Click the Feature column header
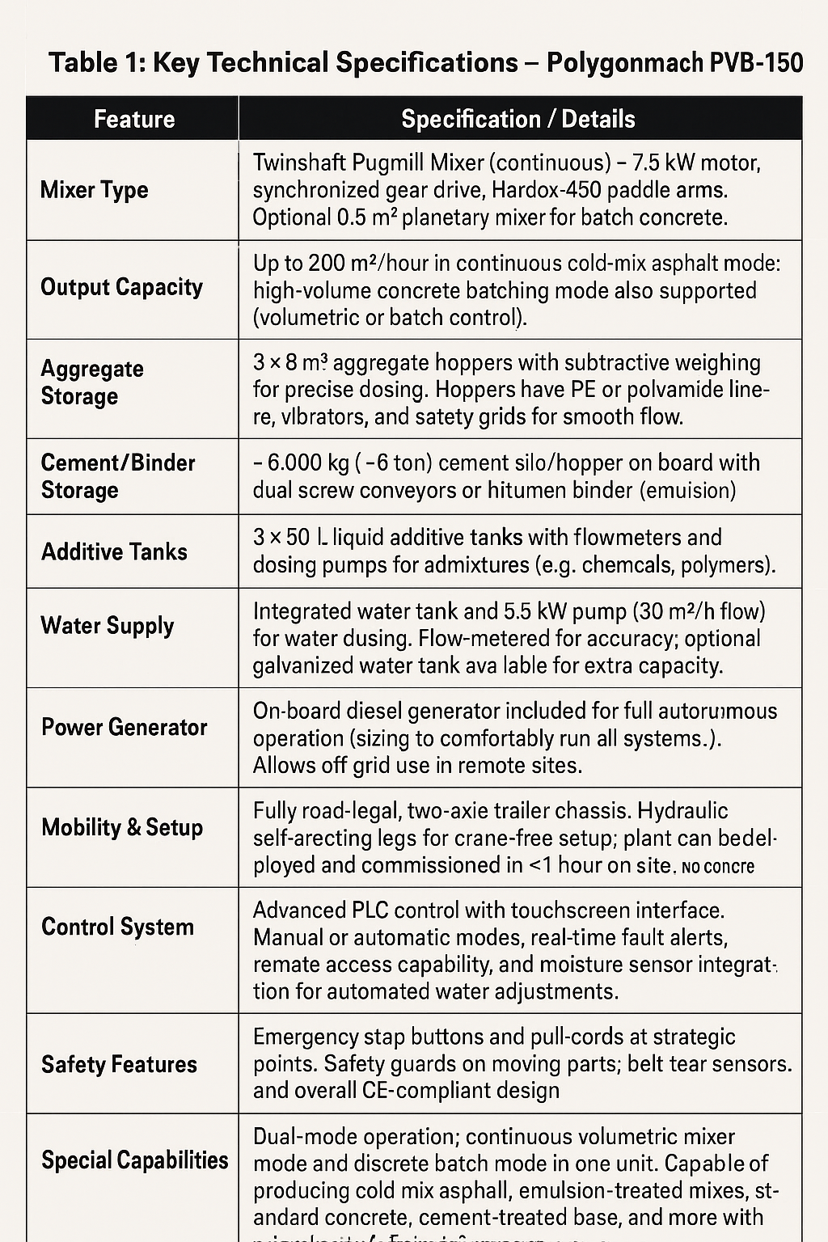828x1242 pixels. [x=133, y=120]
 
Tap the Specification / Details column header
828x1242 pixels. [x=517, y=120]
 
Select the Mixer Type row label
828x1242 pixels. [x=94, y=190]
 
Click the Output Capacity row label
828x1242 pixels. [x=121, y=288]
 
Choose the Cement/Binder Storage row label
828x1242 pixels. [x=117, y=476]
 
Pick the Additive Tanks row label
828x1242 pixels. [x=114, y=551]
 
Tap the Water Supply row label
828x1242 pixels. [x=108, y=626]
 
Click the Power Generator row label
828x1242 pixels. [x=124, y=727]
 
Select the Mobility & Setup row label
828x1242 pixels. [x=122, y=827]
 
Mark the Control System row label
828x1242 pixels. [x=117, y=927]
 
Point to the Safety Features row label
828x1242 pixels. [x=119, y=1064]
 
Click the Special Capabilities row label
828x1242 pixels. [x=134, y=1160]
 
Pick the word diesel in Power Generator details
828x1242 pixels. [x=374, y=712]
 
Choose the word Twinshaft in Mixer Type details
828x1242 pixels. [x=299, y=163]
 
